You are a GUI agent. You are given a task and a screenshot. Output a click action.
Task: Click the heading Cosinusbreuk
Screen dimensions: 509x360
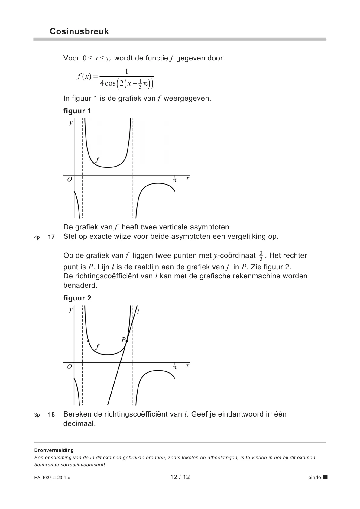pos(79,31)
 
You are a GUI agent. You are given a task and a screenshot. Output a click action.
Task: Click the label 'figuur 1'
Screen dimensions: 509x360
pos(77,111)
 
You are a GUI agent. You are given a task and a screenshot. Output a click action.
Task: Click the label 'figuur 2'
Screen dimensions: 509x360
pos(77,298)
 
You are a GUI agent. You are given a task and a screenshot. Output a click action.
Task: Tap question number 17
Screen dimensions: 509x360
pos(51,237)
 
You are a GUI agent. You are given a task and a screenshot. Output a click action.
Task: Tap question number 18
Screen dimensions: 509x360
pos(51,414)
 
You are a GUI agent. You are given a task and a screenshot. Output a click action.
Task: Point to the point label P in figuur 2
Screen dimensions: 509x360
pos(123,340)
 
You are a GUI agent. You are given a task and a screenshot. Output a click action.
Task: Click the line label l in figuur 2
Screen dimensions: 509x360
pos(138,312)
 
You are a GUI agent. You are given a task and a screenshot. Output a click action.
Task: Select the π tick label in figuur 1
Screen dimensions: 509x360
pos(174,180)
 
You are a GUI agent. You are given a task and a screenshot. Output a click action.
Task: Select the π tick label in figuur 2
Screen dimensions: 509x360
pos(174,367)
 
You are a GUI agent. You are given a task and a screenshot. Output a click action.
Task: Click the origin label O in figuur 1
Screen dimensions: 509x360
pos(70,180)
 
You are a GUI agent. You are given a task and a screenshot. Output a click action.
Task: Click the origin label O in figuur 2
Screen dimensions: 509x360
pos(70,367)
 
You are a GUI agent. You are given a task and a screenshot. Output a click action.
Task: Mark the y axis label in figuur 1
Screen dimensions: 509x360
pos(71,122)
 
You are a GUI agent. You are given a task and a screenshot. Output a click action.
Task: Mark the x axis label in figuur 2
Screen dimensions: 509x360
pos(188,365)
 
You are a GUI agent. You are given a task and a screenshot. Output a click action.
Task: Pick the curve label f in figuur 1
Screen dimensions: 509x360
pos(97,159)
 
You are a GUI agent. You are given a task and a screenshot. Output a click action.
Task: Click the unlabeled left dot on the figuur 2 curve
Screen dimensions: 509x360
pos(88,341)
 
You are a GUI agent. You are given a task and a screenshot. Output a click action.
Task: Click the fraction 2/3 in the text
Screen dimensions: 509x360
pos(261,256)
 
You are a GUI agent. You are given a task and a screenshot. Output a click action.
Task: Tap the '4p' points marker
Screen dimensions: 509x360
pos(37,237)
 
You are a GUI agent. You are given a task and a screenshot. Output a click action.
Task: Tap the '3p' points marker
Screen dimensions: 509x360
pos(37,415)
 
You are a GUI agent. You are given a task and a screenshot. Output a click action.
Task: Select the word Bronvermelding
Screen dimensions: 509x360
pos(54,450)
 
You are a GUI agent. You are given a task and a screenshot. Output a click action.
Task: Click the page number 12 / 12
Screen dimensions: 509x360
pos(180,477)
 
